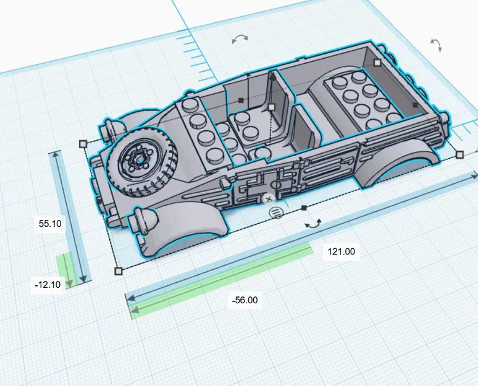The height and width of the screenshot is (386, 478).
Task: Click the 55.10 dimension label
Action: pos(50,224)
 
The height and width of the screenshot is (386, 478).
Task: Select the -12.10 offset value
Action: pos(48,284)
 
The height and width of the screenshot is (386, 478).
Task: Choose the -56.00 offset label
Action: pos(245,301)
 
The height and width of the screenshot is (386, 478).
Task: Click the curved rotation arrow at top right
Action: pos(436,45)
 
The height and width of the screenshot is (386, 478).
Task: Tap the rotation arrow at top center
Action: pos(240,39)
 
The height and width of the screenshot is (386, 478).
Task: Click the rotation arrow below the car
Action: pos(313,224)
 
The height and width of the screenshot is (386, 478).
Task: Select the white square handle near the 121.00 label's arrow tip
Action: pos(459,154)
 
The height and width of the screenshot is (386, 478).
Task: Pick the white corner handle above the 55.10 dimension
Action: pos(83,143)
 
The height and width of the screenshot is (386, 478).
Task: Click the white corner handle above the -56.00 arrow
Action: pos(119,271)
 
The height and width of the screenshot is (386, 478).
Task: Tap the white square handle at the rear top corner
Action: pos(377,62)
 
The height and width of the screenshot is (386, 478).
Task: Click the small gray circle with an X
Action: pos(268,198)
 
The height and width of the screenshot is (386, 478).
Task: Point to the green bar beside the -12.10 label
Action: pos(65,267)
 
